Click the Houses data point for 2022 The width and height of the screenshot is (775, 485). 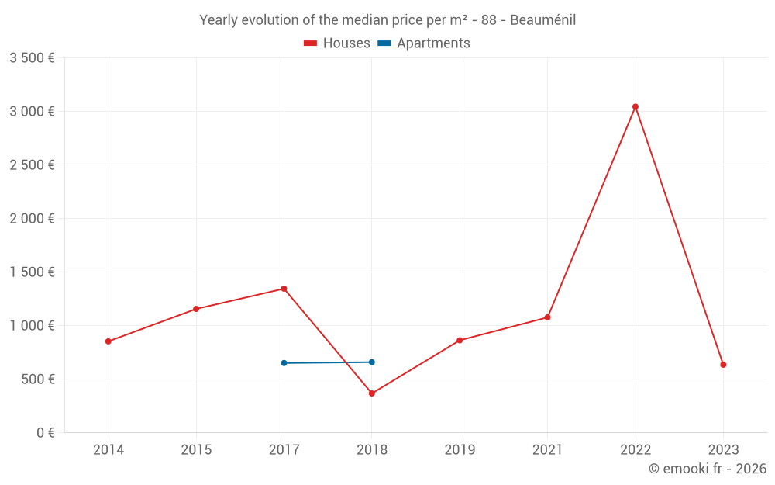tap(635, 107)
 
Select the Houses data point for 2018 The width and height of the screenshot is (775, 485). tap(372, 393)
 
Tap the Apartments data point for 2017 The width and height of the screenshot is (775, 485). tap(284, 363)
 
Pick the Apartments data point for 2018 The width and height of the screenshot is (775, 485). tap(372, 362)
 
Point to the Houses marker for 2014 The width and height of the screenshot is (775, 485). tap(108, 341)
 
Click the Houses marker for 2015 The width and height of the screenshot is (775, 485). tap(196, 309)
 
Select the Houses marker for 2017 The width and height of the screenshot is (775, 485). tap(284, 289)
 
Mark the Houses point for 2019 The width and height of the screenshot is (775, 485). tap(460, 340)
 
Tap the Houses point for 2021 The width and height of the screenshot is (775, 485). tap(547, 317)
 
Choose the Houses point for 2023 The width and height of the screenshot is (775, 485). tap(723, 365)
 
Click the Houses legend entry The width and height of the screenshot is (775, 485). tap(337, 43)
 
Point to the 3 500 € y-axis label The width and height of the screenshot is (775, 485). tap(32, 58)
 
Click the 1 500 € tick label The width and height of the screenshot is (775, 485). tap(32, 272)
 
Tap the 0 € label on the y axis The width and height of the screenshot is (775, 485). tap(45, 433)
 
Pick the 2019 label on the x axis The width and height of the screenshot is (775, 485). tap(460, 449)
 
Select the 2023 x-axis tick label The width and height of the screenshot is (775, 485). tap(723, 449)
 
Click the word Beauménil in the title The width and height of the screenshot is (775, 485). tap(542, 20)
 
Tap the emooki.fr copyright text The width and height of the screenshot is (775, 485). tap(708, 469)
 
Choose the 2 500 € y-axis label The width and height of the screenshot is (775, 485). tap(32, 165)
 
